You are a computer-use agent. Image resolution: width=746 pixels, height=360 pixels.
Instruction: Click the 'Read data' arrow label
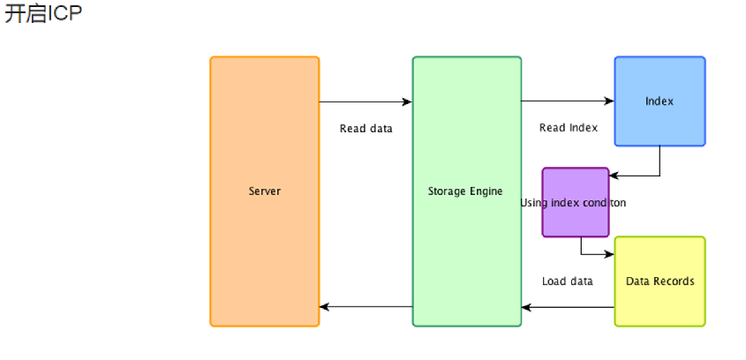365,129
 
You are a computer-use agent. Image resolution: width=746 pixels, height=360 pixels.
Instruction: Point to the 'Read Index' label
568,128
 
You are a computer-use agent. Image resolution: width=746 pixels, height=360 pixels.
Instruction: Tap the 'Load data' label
567,281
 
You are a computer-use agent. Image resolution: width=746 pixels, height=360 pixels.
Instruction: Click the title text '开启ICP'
43,14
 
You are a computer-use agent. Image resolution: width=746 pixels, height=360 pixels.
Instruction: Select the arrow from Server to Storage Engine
365,102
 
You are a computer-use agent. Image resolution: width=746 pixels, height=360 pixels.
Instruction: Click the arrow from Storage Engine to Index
567,102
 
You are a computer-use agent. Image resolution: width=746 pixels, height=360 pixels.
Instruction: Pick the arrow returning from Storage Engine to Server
365,307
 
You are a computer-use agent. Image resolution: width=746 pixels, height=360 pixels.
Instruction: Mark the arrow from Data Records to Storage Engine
567,307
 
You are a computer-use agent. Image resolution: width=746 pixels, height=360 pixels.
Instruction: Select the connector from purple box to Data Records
583,250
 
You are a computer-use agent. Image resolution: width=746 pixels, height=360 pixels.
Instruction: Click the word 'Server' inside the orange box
264,191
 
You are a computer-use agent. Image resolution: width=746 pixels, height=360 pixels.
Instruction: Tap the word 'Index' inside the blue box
659,101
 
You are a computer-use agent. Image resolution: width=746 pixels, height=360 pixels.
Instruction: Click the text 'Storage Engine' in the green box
465,191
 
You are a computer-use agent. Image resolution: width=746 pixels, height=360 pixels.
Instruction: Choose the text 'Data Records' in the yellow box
659,281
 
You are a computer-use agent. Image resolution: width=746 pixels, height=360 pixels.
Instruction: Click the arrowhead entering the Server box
325,307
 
